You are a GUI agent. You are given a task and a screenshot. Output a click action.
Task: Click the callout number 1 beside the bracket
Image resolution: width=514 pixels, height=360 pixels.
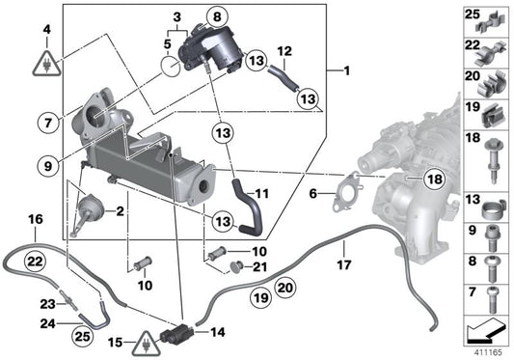[x=345, y=71]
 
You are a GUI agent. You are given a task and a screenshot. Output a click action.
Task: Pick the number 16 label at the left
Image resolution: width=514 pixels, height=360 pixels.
[x=36, y=220]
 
